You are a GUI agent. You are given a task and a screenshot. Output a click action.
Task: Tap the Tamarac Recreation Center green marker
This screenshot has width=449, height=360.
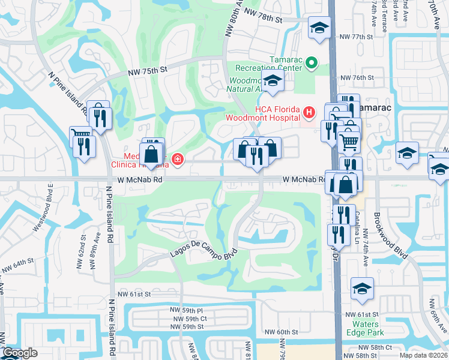click(312, 62)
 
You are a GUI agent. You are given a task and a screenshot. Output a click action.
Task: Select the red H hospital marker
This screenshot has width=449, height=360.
click(309, 112)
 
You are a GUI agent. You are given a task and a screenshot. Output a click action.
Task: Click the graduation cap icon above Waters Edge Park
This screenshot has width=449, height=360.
click(362, 289)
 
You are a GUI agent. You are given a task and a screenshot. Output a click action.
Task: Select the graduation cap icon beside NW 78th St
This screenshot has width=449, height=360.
click(319, 27)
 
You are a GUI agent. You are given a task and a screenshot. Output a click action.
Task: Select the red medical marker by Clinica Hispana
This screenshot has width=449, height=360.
click(177, 159)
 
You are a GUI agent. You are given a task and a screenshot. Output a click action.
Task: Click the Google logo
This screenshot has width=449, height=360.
click(19, 353)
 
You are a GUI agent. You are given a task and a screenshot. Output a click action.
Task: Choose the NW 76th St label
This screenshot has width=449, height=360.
click(357, 78)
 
